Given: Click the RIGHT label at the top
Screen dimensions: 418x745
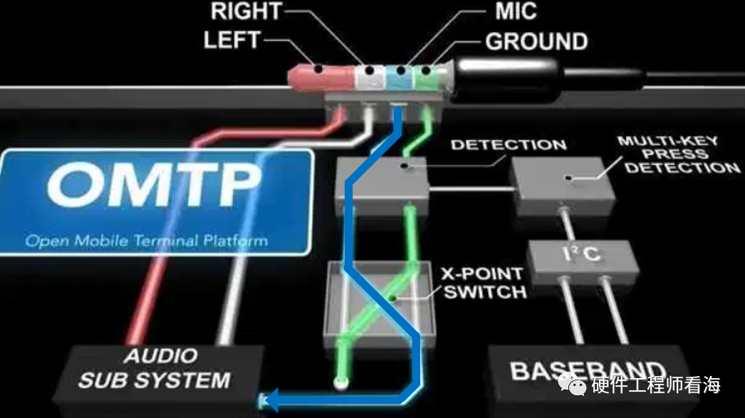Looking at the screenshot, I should [245, 12].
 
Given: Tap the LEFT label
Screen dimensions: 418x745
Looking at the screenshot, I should [233, 40].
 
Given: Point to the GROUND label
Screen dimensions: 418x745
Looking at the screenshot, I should [536, 41].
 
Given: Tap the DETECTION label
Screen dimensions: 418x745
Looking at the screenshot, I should [509, 145].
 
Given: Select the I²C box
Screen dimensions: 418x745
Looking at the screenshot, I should [579, 254].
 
